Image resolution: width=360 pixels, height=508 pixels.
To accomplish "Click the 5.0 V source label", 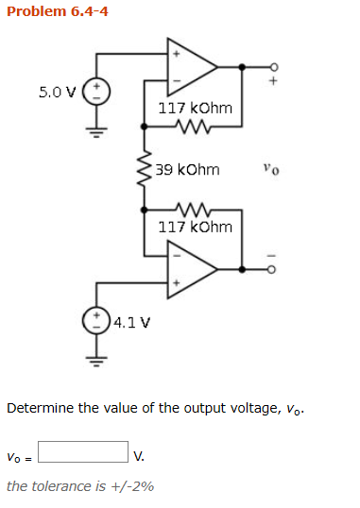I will pos(56,93).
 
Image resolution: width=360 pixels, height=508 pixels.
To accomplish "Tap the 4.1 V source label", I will pos(131,323).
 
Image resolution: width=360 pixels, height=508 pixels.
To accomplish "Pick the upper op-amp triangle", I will pos(190,66).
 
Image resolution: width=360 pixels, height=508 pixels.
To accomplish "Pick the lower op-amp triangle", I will pos(190,268).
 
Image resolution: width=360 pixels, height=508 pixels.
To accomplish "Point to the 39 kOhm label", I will pos(187,170).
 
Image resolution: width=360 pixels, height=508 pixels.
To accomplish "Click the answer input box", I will pos(82,453).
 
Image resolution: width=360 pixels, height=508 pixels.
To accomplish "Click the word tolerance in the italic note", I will pos(60,486).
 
